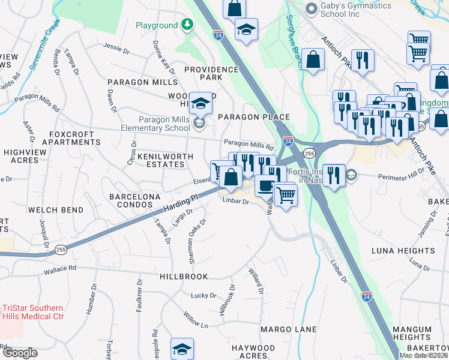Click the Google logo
19,353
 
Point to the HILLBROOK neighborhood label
184,277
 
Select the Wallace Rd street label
59,270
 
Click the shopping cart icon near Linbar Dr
286,194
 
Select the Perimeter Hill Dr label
400,176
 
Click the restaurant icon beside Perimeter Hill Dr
334,175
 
